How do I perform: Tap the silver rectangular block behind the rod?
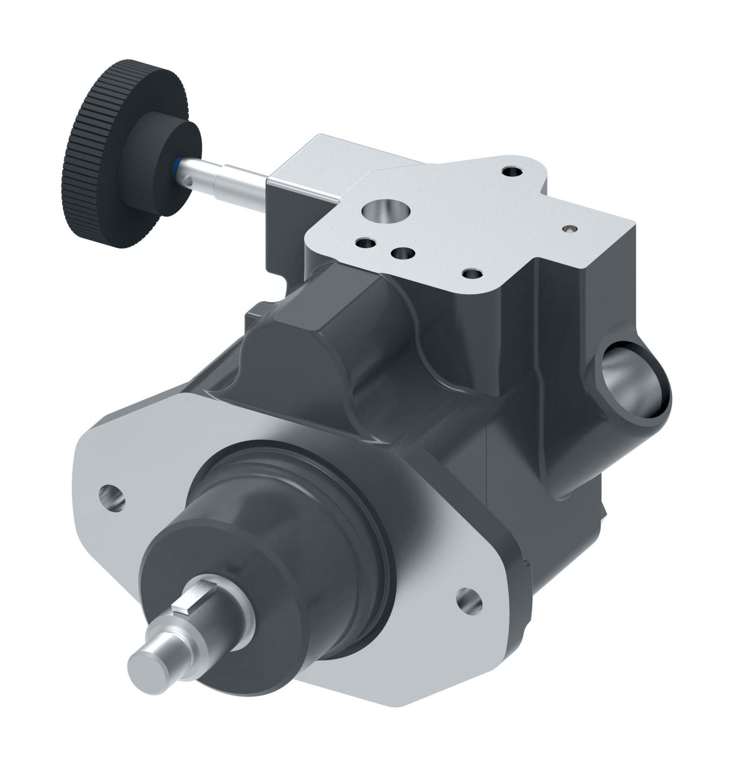tap(297, 164)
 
